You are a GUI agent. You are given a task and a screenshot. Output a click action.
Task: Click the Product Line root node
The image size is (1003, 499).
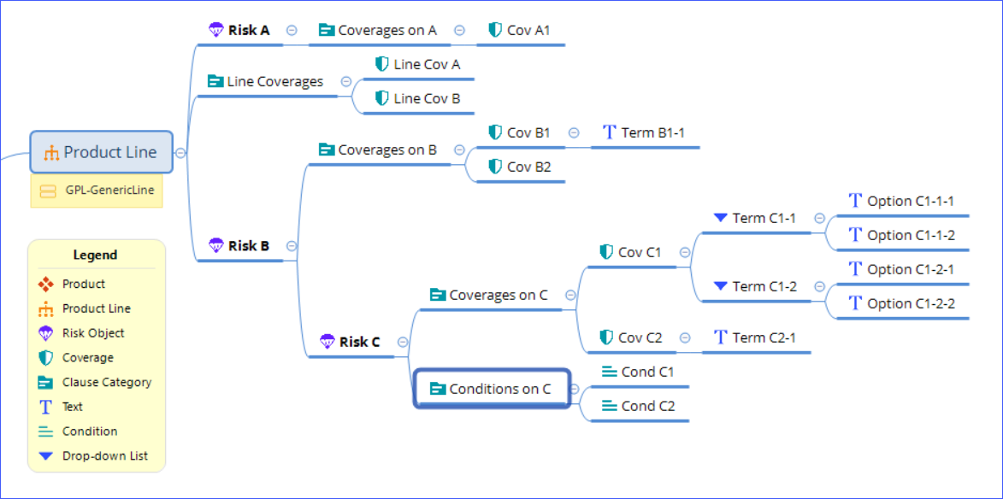[102, 152]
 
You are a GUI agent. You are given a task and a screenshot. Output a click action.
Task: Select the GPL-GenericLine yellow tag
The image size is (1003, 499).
[97, 191]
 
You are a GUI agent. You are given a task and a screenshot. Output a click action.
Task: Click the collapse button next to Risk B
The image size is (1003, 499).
[292, 245]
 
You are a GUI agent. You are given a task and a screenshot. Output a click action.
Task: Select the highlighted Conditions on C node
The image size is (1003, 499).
[492, 389]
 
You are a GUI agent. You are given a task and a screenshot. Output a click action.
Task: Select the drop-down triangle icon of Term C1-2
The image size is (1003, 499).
[720, 286]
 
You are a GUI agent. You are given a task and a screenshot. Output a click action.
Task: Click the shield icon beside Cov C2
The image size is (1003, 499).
[606, 338]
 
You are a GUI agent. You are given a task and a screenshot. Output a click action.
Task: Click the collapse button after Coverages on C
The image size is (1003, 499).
[570, 295]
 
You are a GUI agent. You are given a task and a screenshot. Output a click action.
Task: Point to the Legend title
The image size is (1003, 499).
[95, 255]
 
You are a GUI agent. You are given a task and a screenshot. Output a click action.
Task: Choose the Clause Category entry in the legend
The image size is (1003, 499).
[106, 382]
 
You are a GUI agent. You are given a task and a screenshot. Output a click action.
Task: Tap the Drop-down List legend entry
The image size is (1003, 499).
[104, 455]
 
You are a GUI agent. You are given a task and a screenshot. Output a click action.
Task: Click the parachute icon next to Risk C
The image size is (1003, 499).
[327, 342]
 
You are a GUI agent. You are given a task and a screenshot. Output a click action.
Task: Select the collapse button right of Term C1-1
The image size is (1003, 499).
[819, 218]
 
